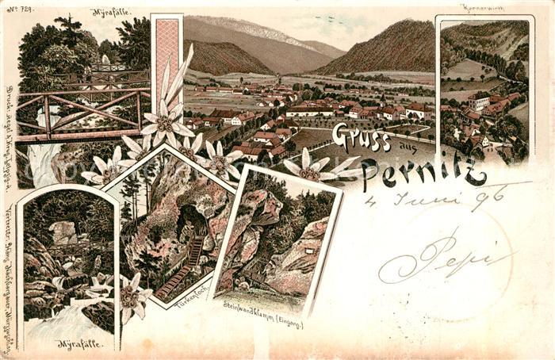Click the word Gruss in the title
pos(361,138)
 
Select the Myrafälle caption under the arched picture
pos(78,343)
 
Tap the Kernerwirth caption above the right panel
pos(483,8)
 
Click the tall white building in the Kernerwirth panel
pos(479,101)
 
